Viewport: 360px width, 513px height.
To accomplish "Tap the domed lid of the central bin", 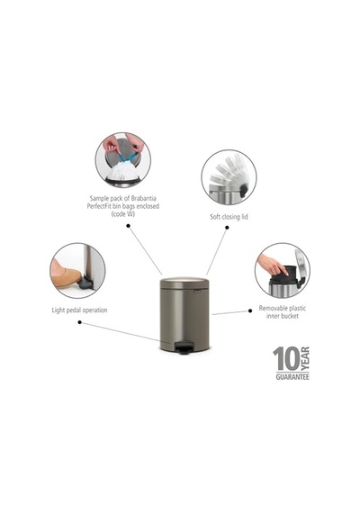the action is (184, 283).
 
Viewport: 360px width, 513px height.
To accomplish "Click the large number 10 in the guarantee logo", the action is (286, 359).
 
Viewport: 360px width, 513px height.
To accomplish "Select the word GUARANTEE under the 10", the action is (292, 377).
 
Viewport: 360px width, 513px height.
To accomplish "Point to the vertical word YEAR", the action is (305, 359).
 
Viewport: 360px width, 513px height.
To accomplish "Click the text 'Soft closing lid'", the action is (229, 217).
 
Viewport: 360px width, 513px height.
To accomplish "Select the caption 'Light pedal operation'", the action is (79, 310).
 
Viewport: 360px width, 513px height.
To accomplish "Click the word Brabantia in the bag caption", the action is (143, 198).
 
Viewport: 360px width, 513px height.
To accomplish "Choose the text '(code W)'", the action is (123, 214).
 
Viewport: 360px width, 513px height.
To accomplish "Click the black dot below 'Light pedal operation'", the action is (79, 322).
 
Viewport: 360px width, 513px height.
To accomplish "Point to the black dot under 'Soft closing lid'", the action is (227, 228).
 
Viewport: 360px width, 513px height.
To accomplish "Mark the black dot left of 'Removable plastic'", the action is (250, 310).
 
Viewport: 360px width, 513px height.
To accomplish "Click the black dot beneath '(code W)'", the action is (129, 226).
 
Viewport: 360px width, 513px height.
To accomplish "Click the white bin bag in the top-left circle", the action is (123, 171).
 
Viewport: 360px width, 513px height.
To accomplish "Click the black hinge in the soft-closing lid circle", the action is (243, 191).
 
